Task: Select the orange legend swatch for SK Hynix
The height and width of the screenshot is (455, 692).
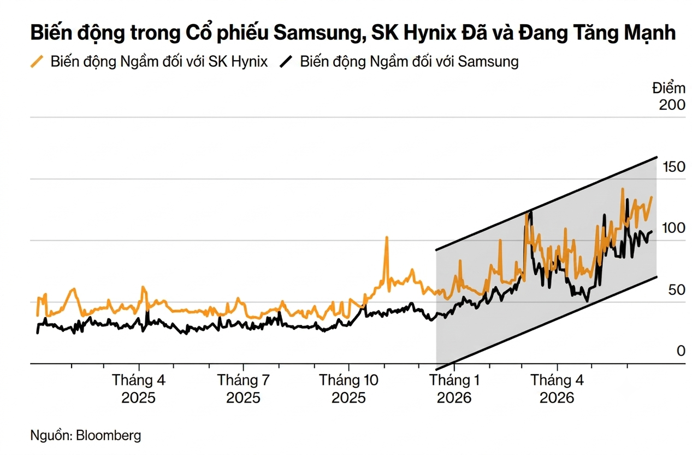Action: (37, 61)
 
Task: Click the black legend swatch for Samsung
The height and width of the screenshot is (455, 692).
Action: (286, 61)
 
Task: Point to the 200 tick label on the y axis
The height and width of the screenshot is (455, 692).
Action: (672, 105)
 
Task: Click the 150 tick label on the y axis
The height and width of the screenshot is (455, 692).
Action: (673, 167)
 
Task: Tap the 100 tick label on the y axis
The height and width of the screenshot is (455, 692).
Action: (673, 228)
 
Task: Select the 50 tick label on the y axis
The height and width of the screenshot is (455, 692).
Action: (677, 290)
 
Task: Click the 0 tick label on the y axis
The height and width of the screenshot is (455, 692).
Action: (681, 351)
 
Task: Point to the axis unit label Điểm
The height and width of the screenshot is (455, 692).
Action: (669, 89)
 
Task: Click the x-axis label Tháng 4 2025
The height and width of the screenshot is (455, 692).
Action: (139, 389)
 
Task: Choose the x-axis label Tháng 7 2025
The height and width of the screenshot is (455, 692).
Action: (244, 389)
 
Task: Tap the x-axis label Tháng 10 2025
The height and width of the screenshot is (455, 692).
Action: (349, 389)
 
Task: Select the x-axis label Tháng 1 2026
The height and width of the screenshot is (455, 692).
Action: (454, 389)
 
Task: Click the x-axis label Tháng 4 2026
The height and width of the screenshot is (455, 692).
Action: (557, 389)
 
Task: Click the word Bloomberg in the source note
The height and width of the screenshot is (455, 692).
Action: (109, 435)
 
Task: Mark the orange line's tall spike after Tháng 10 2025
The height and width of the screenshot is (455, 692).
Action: (387, 237)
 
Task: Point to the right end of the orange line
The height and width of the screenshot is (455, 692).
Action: (652, 197)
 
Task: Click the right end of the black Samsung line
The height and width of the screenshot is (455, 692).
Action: (652, 232)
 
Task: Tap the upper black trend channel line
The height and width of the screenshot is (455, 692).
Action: (546, 203)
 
